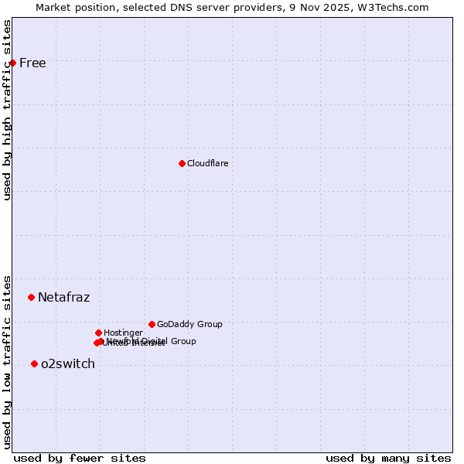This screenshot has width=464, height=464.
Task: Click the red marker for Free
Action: click(12, 63)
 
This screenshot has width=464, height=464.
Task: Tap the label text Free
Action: click(32, 63)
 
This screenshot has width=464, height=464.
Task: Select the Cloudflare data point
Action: click(182, 163)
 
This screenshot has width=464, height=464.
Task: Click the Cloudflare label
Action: click(207, 163)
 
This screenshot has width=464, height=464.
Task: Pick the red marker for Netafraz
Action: click(31, 297)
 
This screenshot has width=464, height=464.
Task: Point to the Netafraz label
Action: click(63, 298)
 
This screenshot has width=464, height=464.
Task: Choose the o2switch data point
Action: click(34, 363)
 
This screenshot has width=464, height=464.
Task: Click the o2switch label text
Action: click(67, 364)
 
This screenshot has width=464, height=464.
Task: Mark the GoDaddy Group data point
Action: click(152, 324)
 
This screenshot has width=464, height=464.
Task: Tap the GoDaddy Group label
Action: click(189, 324)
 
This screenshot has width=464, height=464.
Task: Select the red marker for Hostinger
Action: click(98, 333)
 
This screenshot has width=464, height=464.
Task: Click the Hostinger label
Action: click(123, 333)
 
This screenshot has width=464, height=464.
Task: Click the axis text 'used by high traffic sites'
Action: click(7, 110)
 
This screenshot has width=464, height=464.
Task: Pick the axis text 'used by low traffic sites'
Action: click(7, 361)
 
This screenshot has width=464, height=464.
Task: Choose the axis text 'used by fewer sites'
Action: click(80, 459)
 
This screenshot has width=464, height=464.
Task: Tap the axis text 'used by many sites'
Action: click(388, 459)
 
